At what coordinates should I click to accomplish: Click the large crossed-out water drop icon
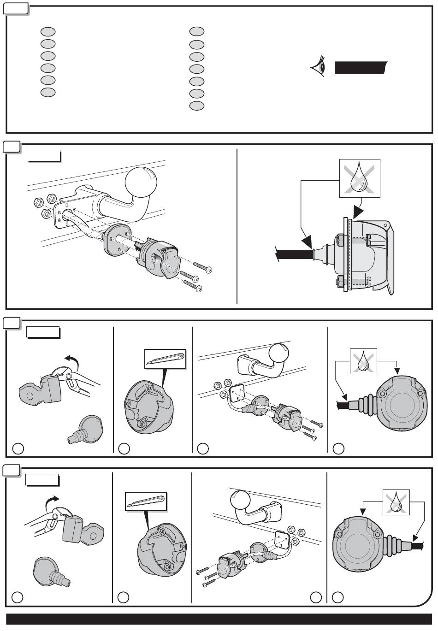click(360, 178)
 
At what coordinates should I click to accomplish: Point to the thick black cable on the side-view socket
click(293, 254)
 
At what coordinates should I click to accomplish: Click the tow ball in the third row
click(278, 355)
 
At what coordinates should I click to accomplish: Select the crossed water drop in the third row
click(363, 360)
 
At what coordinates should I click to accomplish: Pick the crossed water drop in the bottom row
click(396, 502)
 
